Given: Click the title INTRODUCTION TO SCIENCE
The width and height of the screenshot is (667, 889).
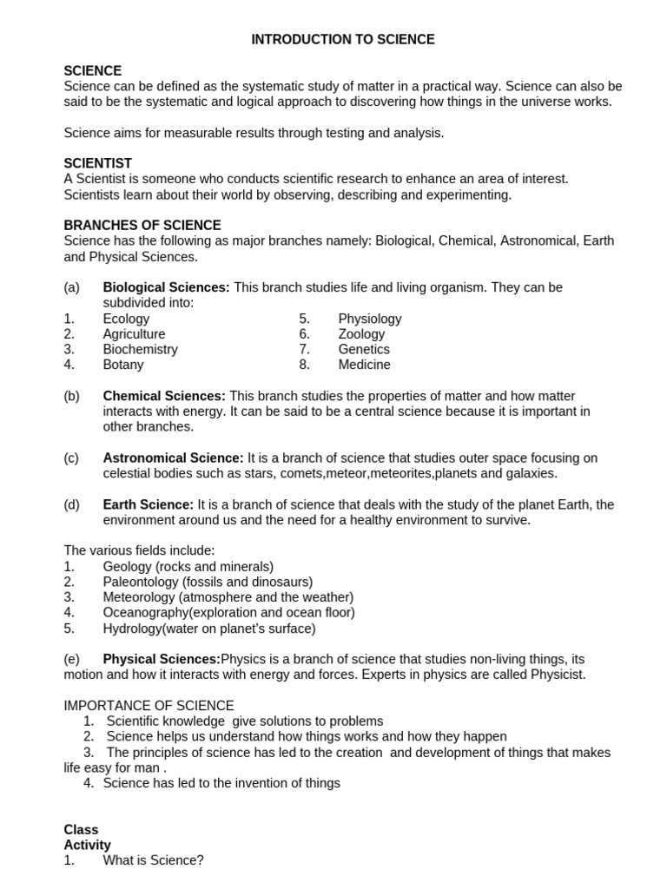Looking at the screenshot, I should (343, 40).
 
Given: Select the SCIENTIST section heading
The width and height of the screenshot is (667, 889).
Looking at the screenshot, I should (98, 163).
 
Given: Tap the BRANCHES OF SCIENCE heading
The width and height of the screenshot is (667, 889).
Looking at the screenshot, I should (142, 225).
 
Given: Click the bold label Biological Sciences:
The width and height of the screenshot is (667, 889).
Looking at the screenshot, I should (166, 287).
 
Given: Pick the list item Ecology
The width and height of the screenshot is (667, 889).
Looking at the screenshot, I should (126, 319).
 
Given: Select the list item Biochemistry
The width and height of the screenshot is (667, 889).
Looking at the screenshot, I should (140, 349).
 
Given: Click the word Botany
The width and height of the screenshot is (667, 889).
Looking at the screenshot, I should (123, 365).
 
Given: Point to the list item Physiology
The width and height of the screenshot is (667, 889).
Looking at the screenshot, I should (370, 319).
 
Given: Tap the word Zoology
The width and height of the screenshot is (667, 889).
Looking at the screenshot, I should (361, 334).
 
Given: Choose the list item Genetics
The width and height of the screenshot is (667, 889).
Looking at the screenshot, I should (364, 349).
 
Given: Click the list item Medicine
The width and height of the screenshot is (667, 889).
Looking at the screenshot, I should (364, 365).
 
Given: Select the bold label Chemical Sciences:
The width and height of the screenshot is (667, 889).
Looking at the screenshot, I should (164, 396).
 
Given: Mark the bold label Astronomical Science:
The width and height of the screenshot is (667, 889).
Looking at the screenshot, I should (174, 458).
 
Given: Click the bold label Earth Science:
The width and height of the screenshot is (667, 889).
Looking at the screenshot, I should (149, 504).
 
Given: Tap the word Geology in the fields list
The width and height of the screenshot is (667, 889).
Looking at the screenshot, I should (127, 566).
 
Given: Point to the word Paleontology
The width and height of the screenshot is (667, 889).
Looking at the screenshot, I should (141, 582).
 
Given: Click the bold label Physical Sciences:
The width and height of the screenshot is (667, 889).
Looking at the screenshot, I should (162, 659).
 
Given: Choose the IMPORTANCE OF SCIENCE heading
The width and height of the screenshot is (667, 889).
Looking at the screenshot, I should (149, 706).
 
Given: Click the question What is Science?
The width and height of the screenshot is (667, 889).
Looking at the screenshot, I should (153, 860).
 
